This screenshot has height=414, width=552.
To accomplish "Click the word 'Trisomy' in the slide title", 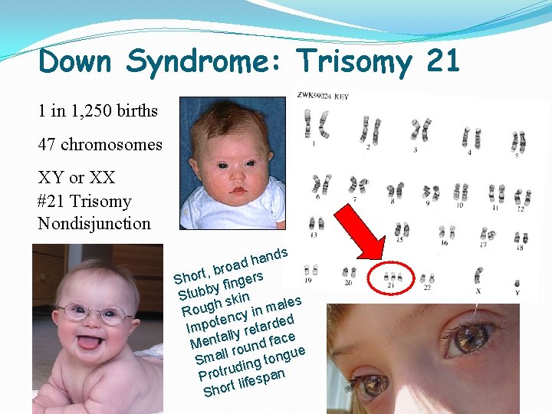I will pyautogui.click(x=353, y=61).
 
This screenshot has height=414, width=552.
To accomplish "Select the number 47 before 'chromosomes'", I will pyautogui.click(x=48, y=144).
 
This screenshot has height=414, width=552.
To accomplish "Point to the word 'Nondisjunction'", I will pyautogui.click(x=94, y=224).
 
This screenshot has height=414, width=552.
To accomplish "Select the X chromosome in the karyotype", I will pyautogui.click(x=479, y=277).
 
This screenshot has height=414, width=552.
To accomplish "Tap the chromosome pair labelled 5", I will pyautogui.click(x=519, y=141).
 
